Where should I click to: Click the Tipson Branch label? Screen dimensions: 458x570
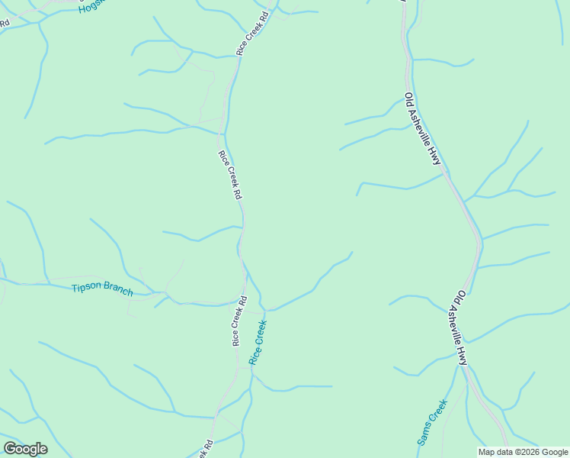(x=102, y=289)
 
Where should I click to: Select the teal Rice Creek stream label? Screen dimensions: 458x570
(x=258, y=342)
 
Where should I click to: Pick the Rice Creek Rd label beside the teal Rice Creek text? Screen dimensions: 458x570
(x=239, y=321)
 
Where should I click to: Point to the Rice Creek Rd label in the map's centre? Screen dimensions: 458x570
(x=229, y=175)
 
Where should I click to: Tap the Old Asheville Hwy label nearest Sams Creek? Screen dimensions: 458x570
(x=457, y=327)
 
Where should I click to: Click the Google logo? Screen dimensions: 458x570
(x=25, y=449)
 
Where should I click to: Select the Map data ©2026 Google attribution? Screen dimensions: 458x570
(x=522, y=452)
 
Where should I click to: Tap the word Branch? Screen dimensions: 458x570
(x=119, y=291)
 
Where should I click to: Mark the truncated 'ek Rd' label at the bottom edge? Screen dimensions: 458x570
(x=205, y=449)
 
